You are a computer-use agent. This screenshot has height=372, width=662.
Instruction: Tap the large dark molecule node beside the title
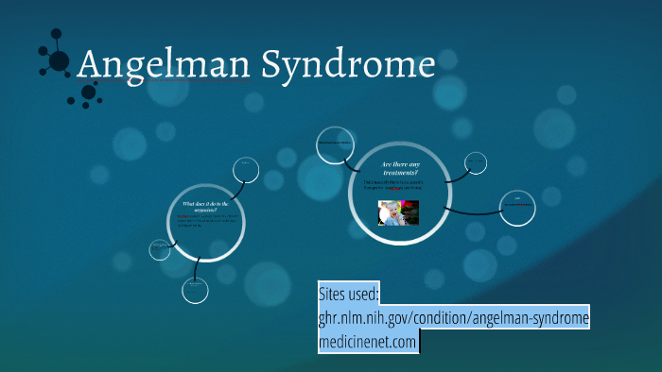tap(59, 61)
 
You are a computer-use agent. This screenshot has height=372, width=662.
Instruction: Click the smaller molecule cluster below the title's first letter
tap(90, 93)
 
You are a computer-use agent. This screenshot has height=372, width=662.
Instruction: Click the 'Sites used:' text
tap(349, 294)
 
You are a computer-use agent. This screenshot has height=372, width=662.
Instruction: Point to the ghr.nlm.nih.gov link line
tap(454, 318)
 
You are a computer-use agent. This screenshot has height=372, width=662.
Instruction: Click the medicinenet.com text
tap(368, 342)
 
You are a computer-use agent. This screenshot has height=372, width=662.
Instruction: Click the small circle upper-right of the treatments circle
tap(478, 162)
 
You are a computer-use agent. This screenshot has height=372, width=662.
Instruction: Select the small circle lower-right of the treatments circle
tap(518, 208)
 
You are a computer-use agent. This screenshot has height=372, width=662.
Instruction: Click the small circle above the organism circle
tap(246, 169)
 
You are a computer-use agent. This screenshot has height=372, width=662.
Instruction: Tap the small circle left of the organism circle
tap(161, 249)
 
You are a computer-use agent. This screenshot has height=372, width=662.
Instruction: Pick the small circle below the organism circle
tap(195, 289)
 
